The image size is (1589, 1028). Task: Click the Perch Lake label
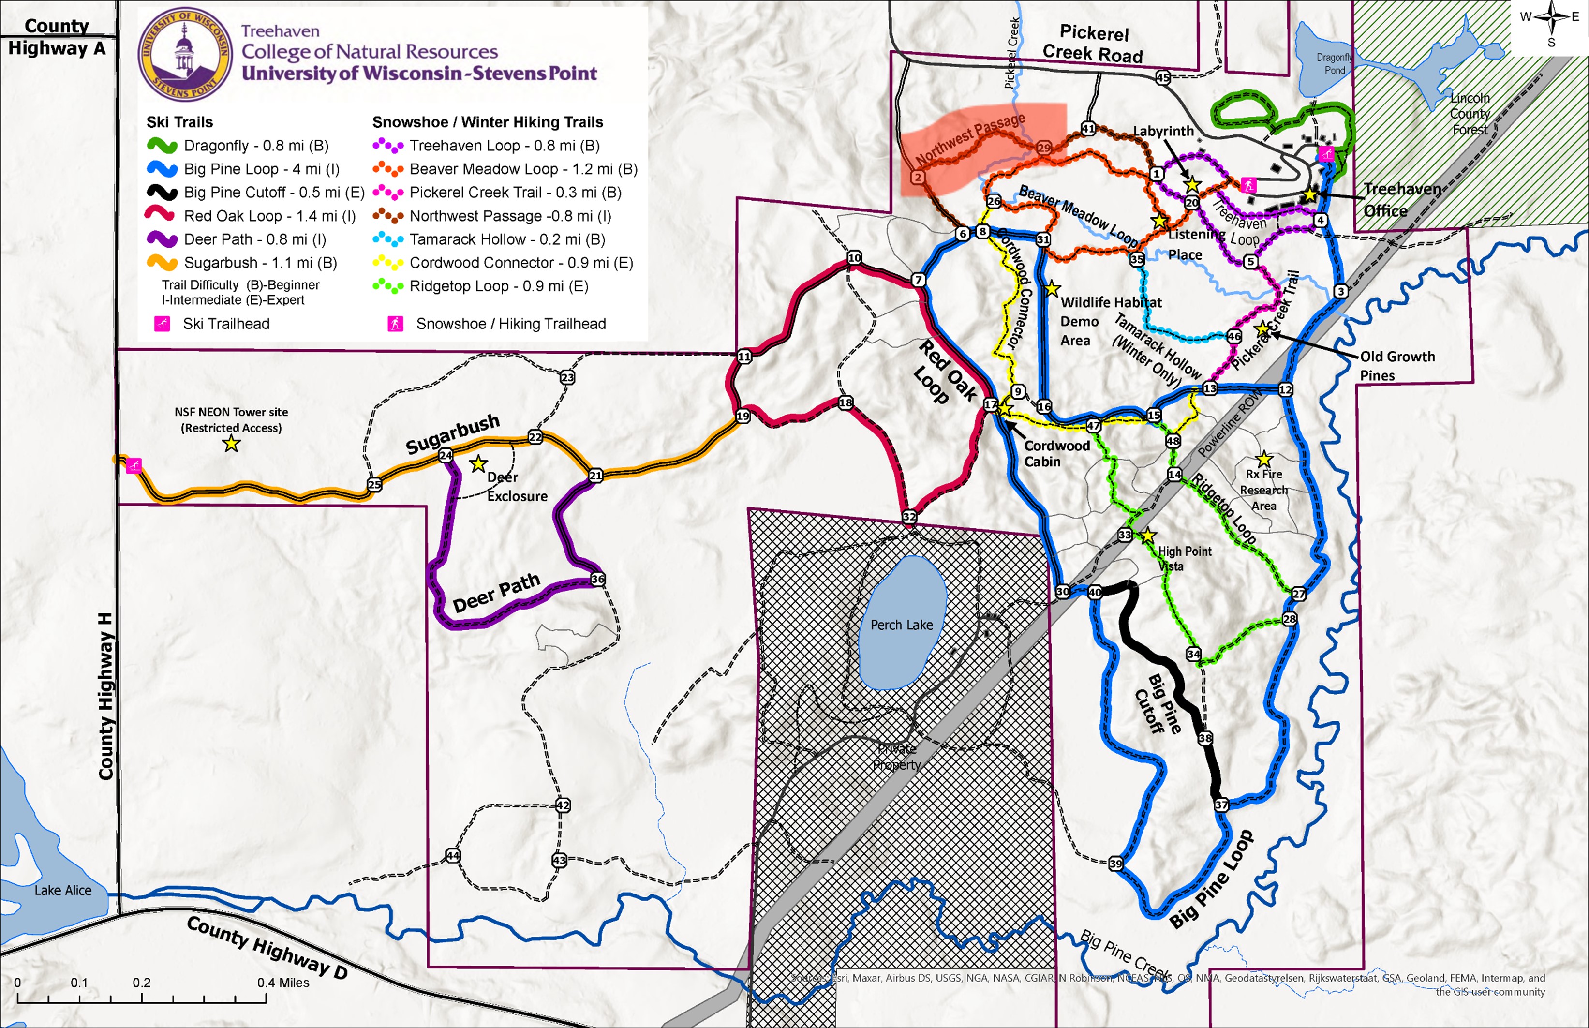(x=901, y=625)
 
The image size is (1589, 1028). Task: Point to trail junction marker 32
(x=909, y=517)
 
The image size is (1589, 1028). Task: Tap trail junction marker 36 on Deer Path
(x=598, y=579)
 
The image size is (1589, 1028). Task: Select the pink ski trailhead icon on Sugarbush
(x=134, y=465)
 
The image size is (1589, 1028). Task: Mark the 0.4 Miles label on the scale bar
(x=283, y=983)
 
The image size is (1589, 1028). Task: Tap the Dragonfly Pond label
(x=1334, y=63)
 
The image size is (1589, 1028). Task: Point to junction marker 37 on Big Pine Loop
(x=1220, y=805)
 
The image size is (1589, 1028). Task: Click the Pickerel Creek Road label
(x=1093, y=44)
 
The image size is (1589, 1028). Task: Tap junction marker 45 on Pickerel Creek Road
(x=1162, y=78)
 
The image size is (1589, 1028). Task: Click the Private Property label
(x=896, y=757)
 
